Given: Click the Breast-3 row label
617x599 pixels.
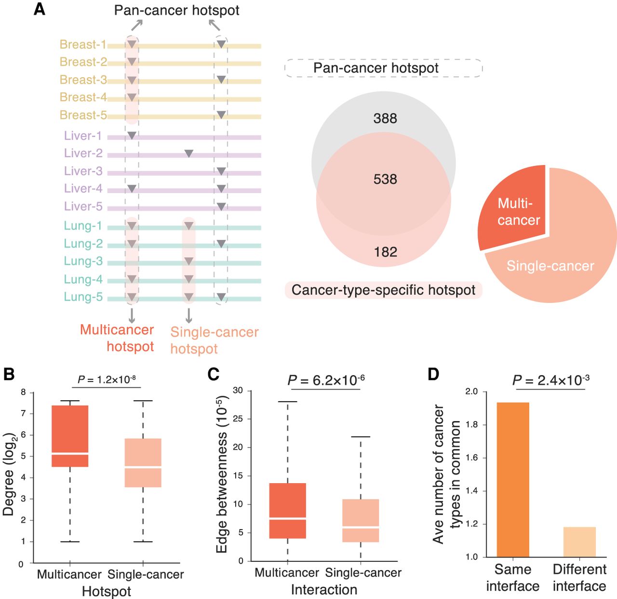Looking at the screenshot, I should coord(83,80).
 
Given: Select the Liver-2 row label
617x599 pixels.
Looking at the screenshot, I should coord(83,153).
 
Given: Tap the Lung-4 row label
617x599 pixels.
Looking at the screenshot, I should coord(83,279).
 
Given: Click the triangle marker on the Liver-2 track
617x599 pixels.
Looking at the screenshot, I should coord(189,153).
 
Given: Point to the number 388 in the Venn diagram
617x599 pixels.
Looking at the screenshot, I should coord(385,119).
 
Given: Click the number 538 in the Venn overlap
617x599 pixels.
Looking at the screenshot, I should coord(385,179).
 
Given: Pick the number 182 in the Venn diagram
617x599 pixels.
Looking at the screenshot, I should coord(385,252).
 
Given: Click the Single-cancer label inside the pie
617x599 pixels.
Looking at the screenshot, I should coord(550,266).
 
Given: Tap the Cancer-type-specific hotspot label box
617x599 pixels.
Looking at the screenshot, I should coord(383,290).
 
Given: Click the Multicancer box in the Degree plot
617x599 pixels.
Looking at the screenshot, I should coord(70,436).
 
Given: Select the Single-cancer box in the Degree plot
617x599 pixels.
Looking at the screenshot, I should coord(143,463).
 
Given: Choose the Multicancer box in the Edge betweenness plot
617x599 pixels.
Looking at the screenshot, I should coord(288,510).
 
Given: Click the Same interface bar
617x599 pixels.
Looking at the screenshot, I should coord(513,479).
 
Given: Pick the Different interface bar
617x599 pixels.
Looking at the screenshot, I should coord(579,542).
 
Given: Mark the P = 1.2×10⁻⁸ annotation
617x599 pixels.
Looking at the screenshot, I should coord(107,380).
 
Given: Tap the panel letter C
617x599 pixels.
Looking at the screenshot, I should coord(213,374).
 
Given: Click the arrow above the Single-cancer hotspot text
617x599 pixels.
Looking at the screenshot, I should coord(189,315).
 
